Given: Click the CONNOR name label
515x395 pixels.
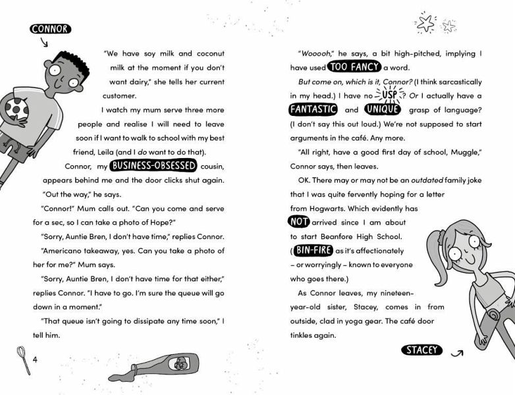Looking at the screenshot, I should tap(50, 29).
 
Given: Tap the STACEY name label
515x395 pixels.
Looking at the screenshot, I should tap(422, 350).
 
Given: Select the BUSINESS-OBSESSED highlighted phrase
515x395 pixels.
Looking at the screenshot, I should tap(153, 166).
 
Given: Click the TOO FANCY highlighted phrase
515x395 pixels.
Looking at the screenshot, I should tap(354, 66).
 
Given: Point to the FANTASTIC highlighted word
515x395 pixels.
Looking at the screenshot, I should tap(313, 110).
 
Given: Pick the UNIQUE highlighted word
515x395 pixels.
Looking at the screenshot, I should tap(382, 110).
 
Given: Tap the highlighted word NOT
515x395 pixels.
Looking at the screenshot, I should tap(299, 222).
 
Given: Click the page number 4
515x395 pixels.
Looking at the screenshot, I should tap(36, 359).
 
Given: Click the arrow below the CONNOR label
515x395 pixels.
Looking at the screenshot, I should tap(44, 43).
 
